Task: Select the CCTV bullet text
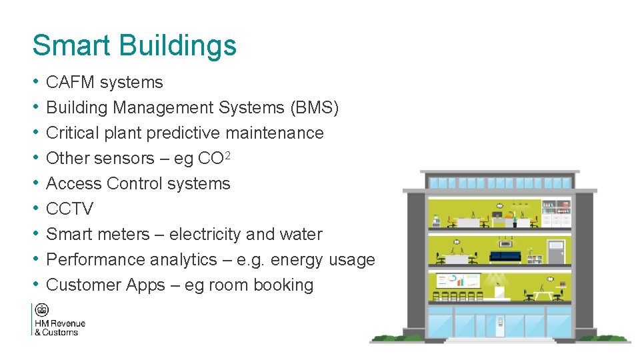[69, 209]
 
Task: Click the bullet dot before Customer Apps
[35, 285]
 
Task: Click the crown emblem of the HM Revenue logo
[42, 311]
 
